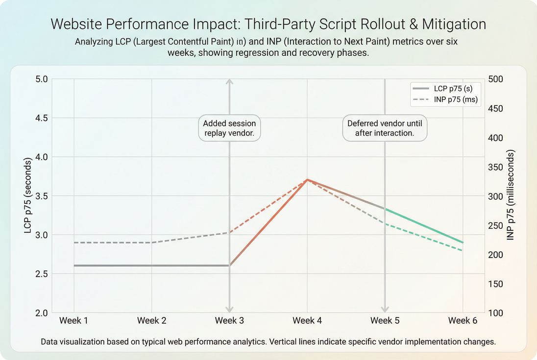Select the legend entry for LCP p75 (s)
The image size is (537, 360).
point(445,89)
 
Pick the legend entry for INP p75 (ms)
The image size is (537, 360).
point(445,100)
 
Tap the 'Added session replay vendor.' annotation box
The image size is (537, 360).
point(229,128)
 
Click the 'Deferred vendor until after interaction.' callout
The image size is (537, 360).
point(385,128)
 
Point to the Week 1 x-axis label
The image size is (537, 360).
point(74,321)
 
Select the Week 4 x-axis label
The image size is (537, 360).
point(307,321)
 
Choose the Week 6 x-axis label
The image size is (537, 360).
point(463,321)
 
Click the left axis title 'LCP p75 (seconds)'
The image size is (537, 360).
point(28,196)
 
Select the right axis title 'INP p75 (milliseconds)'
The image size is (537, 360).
point(511,196)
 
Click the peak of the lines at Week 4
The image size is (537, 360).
point(307,180)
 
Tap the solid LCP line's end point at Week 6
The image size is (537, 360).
point(463,242)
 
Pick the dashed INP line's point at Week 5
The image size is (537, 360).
point(385,224)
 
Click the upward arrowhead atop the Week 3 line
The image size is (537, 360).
point(229,82)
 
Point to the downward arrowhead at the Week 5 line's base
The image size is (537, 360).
point(385,309)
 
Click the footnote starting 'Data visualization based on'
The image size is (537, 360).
point(268,342)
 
